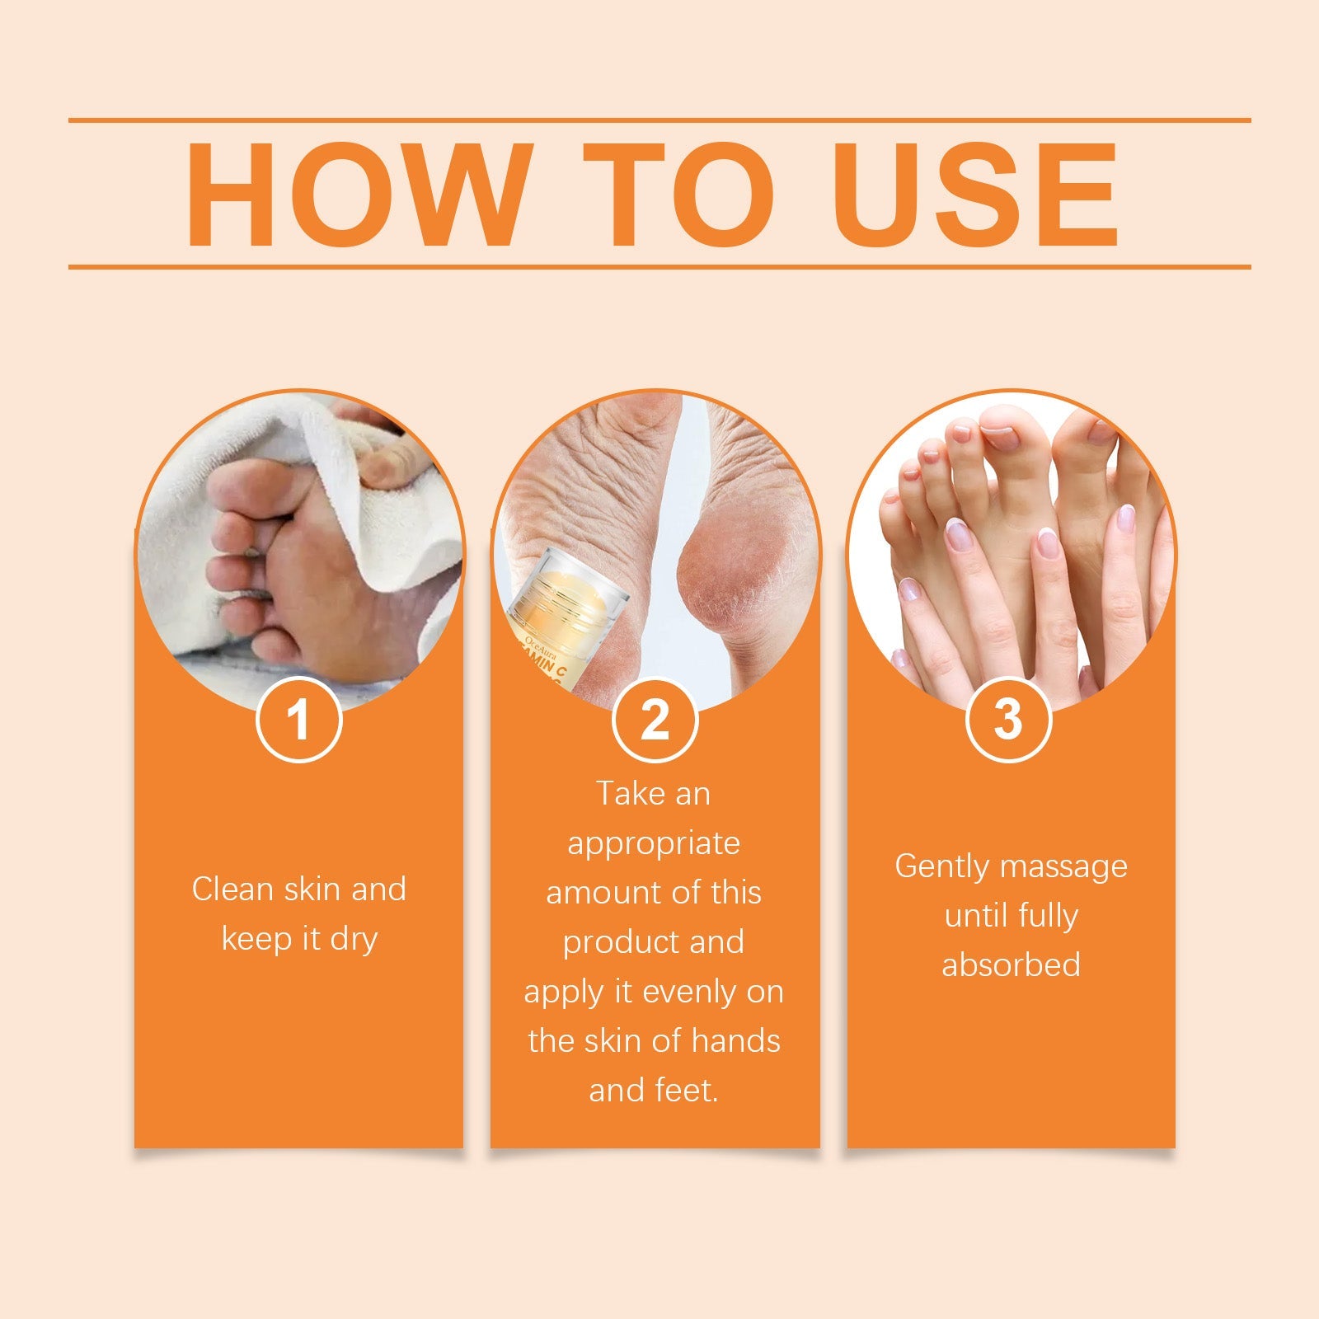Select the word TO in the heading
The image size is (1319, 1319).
pos(678,195)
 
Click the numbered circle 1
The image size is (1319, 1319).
pos(298,720)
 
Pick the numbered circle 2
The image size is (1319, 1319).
pos(655,720)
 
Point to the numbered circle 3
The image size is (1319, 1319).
pos(1008,718)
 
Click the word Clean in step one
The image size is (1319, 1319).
pos(233,889)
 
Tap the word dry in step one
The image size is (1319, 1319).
pos(354,940)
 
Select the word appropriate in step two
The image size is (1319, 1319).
pos(654,844)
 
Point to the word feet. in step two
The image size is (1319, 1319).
pos(688,1090)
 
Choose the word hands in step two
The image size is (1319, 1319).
pos(735,1040)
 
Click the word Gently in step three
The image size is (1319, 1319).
pos(941,867)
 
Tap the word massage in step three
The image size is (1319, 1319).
pos(1063,867)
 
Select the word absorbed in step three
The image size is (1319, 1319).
pos(1011,965)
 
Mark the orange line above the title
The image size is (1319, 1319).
pos(659,120)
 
